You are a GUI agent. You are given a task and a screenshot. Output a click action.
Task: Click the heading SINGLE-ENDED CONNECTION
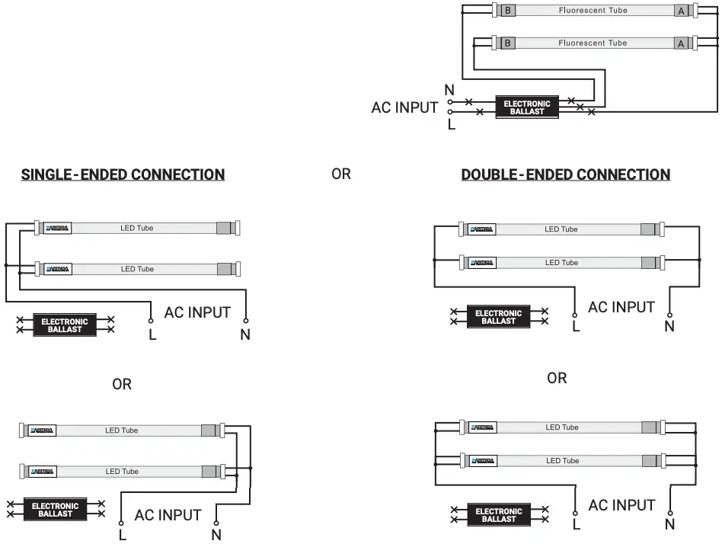123,174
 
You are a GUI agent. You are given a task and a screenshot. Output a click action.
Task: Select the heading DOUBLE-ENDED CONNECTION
565,174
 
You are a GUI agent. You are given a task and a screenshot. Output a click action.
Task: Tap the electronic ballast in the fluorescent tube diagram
527,107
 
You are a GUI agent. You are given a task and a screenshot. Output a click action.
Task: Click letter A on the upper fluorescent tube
681,11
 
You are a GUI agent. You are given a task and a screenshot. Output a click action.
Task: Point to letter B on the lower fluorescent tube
507,43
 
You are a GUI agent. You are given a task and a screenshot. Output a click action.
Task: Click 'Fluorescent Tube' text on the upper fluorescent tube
593,11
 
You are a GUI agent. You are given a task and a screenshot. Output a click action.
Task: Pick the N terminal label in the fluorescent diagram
449,91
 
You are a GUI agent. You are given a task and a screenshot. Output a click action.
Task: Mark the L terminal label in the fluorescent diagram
452,124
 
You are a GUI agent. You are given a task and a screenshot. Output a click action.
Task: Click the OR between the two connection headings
341,174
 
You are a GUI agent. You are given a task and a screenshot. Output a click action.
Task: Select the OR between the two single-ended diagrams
122,385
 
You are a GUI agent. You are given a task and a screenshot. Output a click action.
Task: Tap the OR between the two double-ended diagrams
557,379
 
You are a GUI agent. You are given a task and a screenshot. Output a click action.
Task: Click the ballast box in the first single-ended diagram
65,325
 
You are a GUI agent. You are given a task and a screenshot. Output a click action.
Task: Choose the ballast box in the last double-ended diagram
499,516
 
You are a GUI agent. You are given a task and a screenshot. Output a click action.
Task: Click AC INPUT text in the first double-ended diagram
621,307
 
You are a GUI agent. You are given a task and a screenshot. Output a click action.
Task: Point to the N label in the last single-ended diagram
216,535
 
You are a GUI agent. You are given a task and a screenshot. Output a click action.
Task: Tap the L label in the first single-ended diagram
152,334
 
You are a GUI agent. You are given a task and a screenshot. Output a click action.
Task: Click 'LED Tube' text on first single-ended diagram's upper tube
137,228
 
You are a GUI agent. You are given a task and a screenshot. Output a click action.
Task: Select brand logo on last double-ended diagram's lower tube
482,461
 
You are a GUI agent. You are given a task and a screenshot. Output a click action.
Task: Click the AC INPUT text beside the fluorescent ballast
404,107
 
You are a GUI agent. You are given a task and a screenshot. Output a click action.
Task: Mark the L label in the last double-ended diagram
576,524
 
